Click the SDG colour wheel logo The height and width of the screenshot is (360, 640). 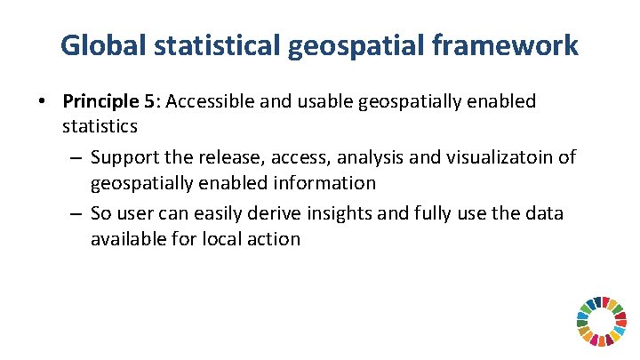click(x=601, y=321)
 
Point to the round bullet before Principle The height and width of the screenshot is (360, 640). click(x=43, y=101)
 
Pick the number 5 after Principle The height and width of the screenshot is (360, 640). click(x=149, y=101)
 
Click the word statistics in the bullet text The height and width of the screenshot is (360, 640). click(x=100, y=126)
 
